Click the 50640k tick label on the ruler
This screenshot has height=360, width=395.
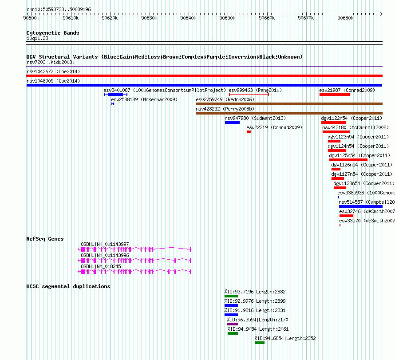tap(188, 18)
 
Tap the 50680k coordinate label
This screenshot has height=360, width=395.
tap(345, 18)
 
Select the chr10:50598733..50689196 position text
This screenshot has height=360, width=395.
tap(59, 9)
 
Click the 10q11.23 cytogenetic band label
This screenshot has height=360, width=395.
tap(37, 38)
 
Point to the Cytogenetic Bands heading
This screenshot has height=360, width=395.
tap(53, 33)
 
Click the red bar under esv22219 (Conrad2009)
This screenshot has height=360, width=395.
tap(249, 132)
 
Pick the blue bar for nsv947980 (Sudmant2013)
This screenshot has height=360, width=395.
tap(232, 123)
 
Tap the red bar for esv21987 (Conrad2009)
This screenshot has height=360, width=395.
tap(335, 95)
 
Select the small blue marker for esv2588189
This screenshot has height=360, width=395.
tap(113, 104)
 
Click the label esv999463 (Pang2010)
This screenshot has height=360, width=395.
tap(255, 90)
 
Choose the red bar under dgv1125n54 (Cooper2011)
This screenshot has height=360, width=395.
tap(348, 160)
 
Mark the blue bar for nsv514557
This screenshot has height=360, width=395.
tap(361, 206)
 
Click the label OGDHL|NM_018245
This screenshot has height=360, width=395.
tap(101, 266)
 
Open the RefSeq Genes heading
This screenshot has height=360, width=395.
tap(45, 239)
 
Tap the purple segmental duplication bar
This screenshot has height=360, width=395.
tap(233, 324)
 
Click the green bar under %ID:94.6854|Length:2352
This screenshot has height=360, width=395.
tap(260, 343)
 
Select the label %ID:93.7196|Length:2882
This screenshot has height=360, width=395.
tap(255, 292)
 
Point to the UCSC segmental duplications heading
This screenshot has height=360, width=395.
tap(68, 286)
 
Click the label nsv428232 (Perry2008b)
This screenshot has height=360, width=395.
tap(225, 109)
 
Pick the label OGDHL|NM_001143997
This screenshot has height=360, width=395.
tap(105, 244)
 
